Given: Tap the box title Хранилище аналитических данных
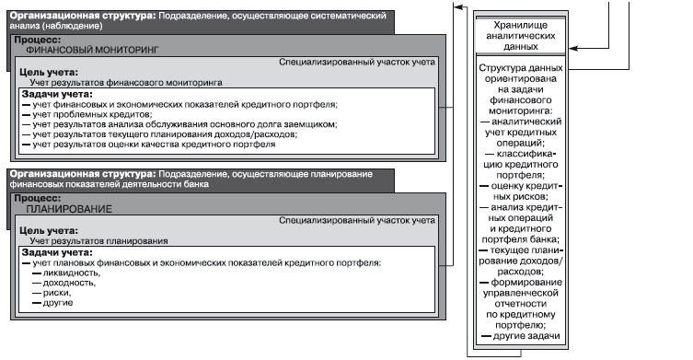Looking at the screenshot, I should point(520,38).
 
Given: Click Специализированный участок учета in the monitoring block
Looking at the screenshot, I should point(357,62).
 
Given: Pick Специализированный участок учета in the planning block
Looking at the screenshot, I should point(357,220).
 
